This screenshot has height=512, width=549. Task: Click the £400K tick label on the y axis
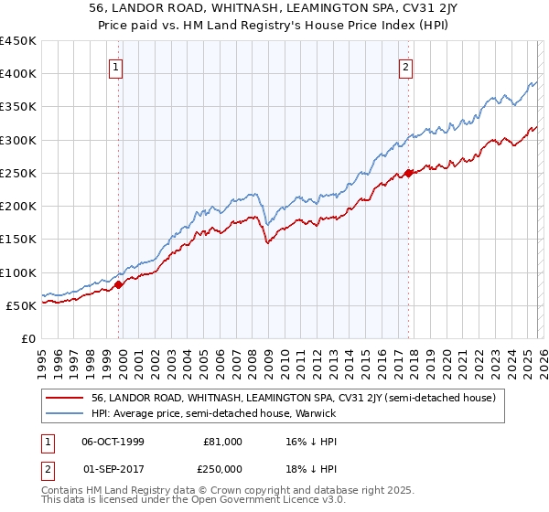[18, 74]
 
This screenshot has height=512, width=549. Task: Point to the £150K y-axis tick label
[18, 240]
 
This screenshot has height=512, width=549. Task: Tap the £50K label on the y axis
[22, 305]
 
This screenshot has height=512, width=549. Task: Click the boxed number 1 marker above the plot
[118, 66]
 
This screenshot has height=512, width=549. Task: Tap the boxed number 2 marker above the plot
[405, 66]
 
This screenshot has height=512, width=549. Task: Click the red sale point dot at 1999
[119, 285]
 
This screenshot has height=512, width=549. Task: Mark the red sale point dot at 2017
[408, 173]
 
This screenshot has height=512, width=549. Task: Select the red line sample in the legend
[67, 398]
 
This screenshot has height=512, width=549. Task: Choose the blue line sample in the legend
[67, 413]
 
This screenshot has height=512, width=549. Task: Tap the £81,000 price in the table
[222, 442]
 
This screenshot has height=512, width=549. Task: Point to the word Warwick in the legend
[316, 413]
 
